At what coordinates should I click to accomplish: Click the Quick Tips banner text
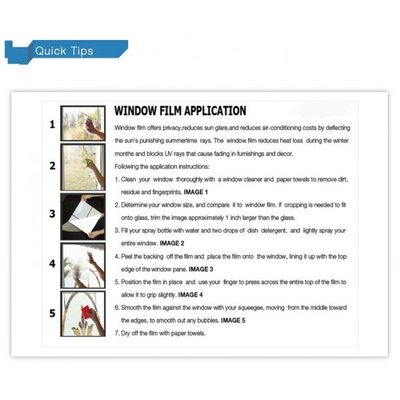point(64,51)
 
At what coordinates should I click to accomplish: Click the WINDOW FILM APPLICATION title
point(180,111)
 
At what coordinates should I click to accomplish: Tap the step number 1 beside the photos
point(52,125)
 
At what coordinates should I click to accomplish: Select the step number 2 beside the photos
point(52,166)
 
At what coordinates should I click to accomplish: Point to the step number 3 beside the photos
point(52,214)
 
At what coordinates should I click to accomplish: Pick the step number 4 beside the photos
point(52,263)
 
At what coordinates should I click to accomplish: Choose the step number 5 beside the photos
point(52,313)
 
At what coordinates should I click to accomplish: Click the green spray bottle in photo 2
point(88,162)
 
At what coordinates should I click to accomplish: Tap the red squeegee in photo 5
point(86,312)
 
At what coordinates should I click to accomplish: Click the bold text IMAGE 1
point(195,192)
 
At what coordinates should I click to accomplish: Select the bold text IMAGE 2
point(172,243)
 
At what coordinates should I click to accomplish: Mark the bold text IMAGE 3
point(201,269)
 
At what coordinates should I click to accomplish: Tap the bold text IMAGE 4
point(190,295)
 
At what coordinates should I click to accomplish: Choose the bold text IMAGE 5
point(233,321)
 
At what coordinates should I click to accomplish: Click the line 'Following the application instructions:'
point(162,167)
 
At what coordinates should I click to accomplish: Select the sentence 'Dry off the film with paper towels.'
point(160,333)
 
